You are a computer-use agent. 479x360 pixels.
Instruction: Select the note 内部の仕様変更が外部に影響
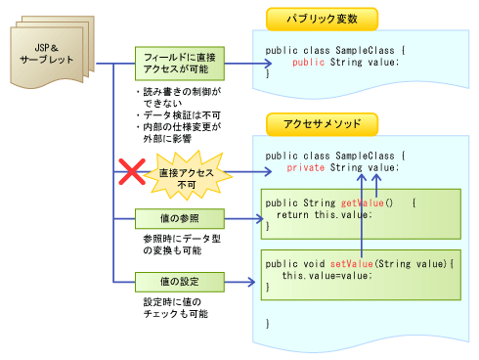(x=180, y=132)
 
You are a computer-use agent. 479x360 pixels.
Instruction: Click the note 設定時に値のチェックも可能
(x=176, y=308)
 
